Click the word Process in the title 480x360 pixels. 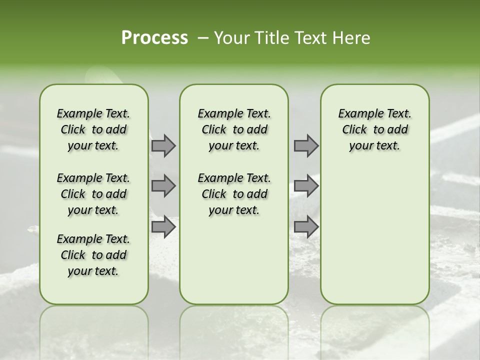[x=154, y=38]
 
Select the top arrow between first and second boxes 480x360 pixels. [x=163, y=145]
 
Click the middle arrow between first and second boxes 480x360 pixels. [x=163, y=186]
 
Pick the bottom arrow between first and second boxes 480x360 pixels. [x=163, y=227]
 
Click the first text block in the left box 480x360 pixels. [x=93, y=129]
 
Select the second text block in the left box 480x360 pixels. [x=93, y=194]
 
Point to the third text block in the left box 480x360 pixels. [x=93, y=255]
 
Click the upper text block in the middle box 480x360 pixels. [x=234, y=129]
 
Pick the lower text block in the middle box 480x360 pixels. [x=234, y=194]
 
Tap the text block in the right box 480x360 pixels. [x=375, y=129]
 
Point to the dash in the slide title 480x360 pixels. [x=203, y=38]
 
